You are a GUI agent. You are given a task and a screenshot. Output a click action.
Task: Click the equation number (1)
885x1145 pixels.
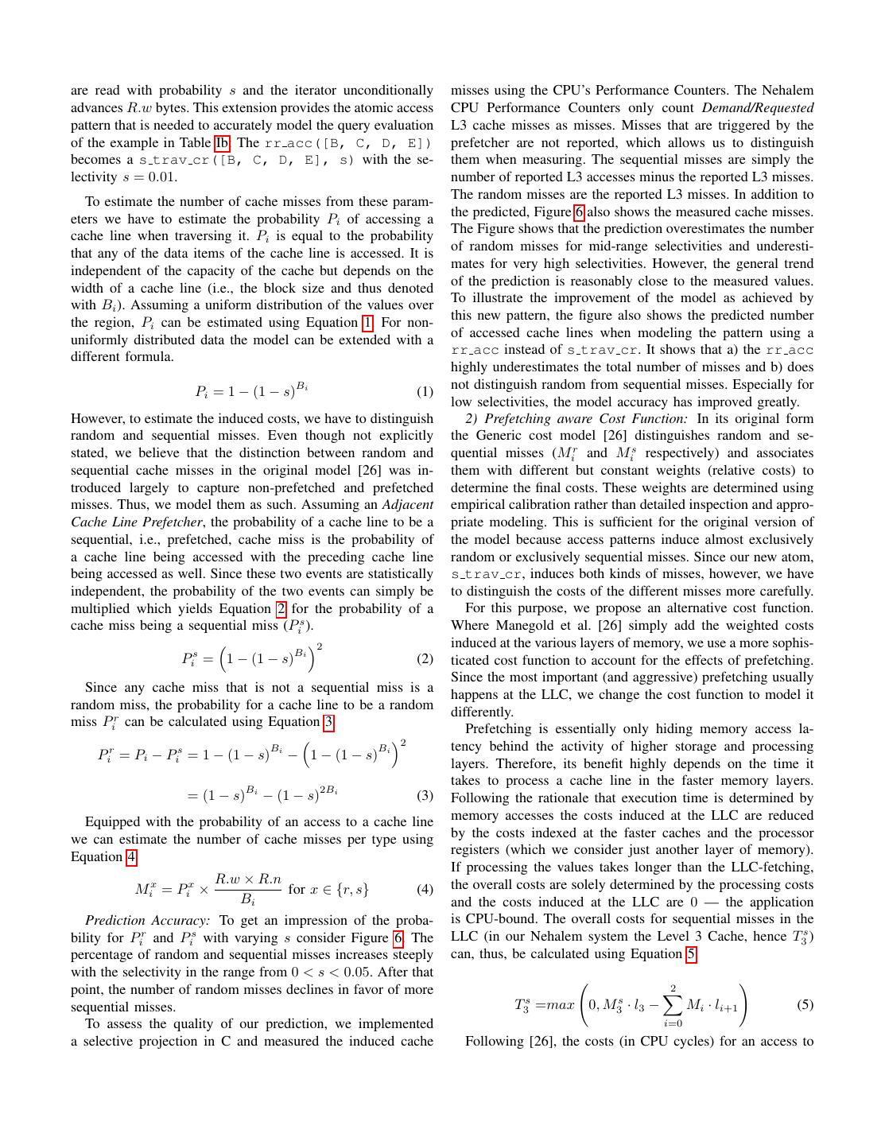[425, 392]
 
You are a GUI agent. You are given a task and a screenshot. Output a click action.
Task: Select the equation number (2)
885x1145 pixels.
[425, 659]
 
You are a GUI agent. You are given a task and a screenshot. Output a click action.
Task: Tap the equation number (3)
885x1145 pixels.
[425, 796]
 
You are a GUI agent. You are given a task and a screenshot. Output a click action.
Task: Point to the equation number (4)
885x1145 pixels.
[425, 890]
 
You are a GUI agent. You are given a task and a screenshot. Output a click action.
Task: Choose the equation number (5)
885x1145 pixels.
[805, 1004]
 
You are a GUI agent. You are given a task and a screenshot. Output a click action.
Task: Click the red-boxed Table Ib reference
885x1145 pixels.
[222, 143]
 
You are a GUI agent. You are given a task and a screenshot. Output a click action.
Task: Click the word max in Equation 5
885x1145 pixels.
[559, 1005]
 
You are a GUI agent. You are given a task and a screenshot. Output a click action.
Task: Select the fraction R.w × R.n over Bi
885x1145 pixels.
[248, 889]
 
